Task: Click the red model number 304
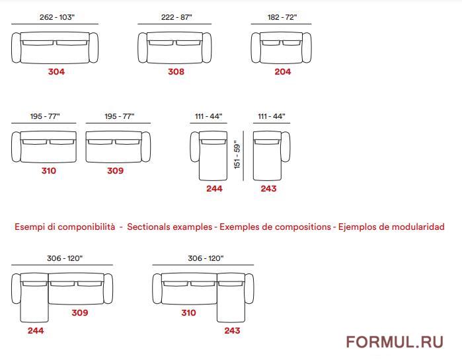(x=56, y=71)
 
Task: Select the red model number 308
(x=176, y=71)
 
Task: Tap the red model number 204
(x=283, y=71)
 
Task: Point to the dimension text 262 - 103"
(x=57, y=17)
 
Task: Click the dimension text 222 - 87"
(x=176, y=17)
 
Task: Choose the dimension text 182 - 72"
(x=282, y=17)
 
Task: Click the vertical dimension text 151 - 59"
(x=237, y=155)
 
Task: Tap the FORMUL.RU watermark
(x=395, y=342)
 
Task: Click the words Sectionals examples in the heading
(x=169, y=227)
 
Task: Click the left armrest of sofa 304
(x=17, y=48)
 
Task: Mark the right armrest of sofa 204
(x=307, y=48)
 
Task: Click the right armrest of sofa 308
(x=207, y=48)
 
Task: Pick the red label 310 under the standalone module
(x=49, y=170)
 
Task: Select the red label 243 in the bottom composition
(x=232, y=330)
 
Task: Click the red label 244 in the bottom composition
(x=36, y=330)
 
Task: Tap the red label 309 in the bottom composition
(x=80, y=312)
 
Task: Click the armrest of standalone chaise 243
(x=286, y=147)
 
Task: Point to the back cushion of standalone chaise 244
(x=213, y=142)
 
